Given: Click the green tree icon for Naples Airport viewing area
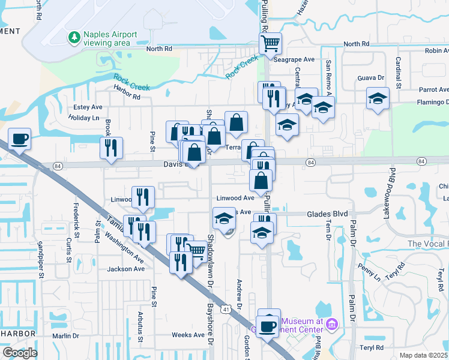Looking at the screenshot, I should pos(74,38).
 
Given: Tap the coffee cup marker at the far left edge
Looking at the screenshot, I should pos(19,139).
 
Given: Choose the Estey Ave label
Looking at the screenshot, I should pos(88,107).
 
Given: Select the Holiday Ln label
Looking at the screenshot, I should pos(83,118).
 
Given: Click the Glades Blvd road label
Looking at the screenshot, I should pos(327,214).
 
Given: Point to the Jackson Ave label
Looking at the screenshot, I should pos(126,269).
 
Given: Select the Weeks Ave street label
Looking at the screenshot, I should pos(188,335).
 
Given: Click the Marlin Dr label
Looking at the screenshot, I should pos(65,336).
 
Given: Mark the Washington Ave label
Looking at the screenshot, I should pos(124,246).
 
